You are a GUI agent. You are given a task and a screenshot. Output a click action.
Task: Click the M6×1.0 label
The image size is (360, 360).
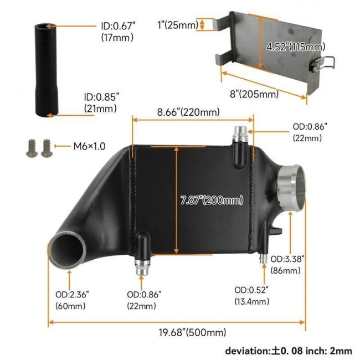[89, 147]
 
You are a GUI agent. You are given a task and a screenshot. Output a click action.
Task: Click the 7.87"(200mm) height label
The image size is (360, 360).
[212, 200]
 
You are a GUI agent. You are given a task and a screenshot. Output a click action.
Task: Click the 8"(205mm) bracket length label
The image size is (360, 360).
[254, 94]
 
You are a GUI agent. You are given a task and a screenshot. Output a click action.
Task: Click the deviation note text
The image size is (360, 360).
[288, 351]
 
